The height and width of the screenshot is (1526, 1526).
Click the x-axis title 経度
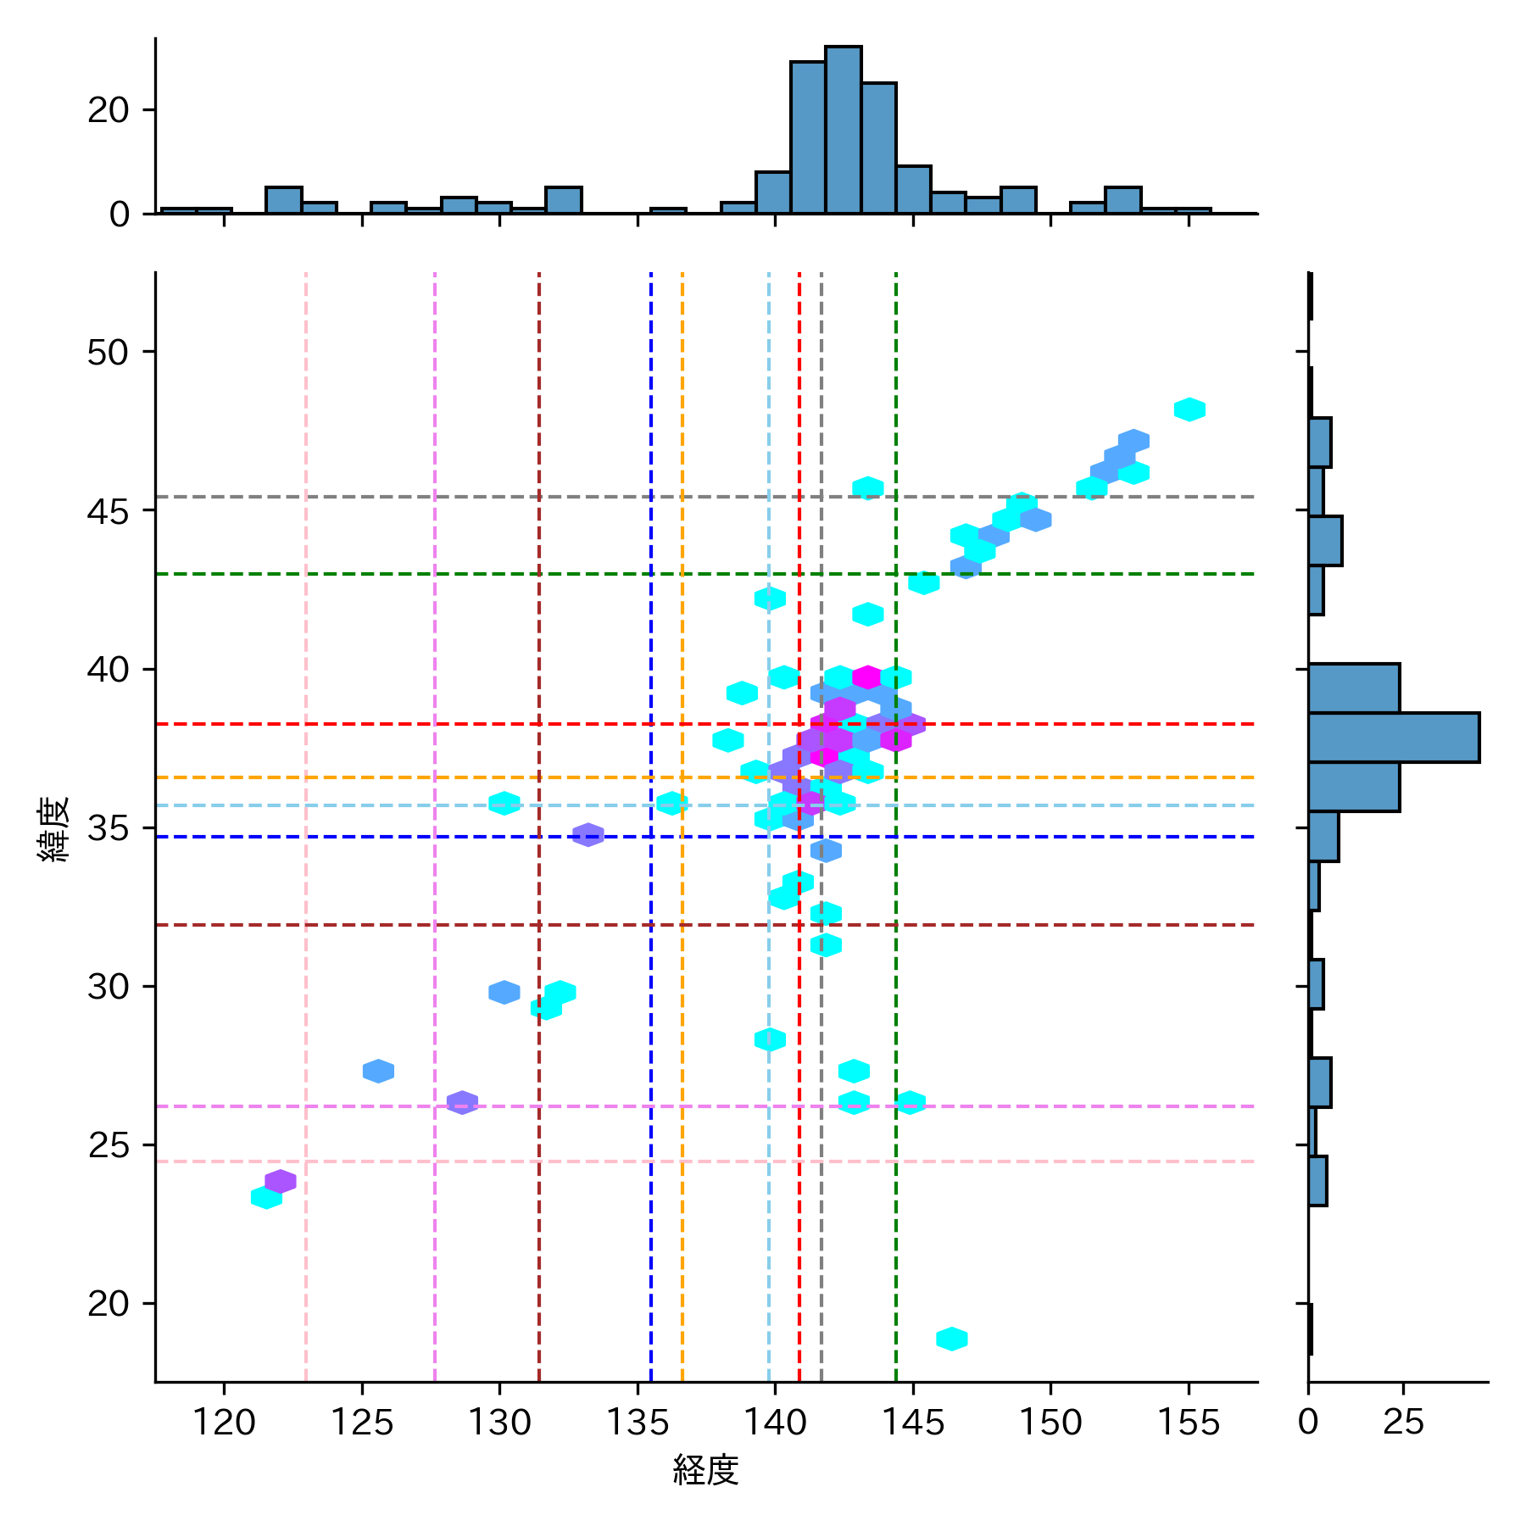705,1470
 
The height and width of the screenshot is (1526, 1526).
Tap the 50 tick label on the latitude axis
108,352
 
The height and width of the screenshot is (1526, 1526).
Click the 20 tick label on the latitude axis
108,1304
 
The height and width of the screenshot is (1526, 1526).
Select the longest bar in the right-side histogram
1393,738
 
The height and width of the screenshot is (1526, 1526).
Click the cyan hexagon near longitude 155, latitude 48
1189,409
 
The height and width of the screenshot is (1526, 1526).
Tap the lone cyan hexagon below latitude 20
951,1339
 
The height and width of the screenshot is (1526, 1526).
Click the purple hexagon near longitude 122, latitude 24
281,1181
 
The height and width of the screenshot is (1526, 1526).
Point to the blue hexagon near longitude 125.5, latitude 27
378,1071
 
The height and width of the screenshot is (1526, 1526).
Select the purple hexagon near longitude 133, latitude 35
588,835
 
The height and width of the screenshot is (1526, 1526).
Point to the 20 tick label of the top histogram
108,110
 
